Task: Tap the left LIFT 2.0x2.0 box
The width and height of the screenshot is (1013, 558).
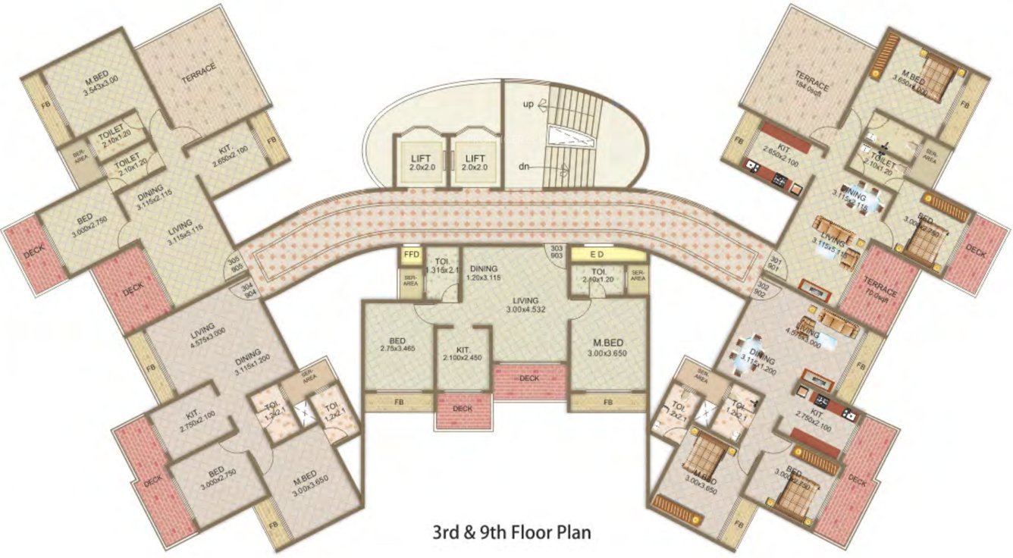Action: (x=420, y=161)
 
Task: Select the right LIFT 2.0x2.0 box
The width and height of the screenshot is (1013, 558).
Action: (x=473, y=161)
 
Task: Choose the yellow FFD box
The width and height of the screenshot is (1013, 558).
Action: (x=412, y=255)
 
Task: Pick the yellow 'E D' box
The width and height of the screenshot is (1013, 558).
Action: (x=597, y=255)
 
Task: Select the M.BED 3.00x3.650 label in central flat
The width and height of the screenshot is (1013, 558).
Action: (x=608, y=346)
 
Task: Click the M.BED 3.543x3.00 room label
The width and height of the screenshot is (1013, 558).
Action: (x=86, y=82)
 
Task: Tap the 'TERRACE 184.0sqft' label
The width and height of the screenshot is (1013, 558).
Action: (x=811, y=81)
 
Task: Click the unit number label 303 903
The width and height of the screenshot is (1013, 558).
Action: (x=557, y=253)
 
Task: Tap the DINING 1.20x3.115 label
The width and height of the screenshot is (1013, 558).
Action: (x=484, y=273)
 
